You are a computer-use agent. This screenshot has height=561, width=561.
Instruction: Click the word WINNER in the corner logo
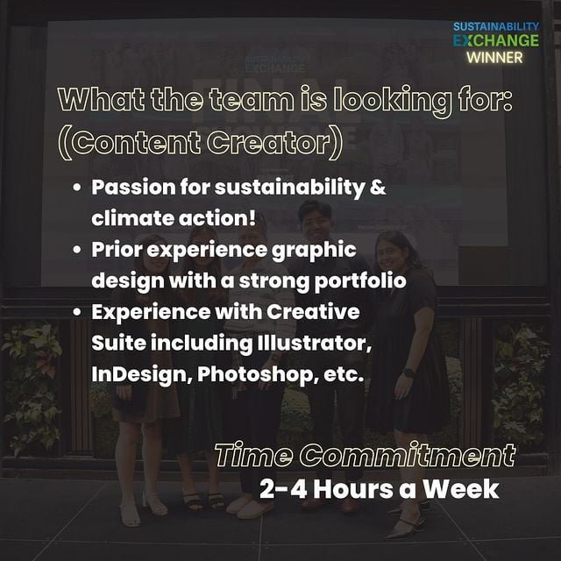point(494,57)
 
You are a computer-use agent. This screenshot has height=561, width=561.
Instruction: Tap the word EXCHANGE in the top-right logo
point(496,40)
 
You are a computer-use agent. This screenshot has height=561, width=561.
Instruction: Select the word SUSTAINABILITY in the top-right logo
point(496,26)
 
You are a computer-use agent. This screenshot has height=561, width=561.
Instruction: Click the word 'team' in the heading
point(252,100)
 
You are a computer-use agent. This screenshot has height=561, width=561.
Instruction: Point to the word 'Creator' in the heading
point(274,143)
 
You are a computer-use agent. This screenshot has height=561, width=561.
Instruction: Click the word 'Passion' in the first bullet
point(133,188)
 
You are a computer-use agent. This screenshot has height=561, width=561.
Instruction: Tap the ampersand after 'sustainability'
point(378,187)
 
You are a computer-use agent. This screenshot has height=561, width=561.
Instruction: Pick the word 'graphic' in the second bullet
point(314,250)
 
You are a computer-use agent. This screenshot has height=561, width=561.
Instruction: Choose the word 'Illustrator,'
point(314,343)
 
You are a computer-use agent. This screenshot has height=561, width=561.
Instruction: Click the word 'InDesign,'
point(142,374)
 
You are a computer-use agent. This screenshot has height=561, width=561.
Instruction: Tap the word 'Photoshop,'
point(258,374)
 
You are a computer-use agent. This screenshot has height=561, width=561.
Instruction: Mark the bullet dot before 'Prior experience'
point(77,249)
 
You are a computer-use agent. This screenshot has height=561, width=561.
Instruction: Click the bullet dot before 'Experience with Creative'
point(77,312)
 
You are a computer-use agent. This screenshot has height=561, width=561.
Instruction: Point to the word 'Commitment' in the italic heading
point(408,455)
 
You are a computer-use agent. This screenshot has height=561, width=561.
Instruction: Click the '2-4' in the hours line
point(283,489)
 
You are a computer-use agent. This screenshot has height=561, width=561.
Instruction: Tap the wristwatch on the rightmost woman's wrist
point(408,373)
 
